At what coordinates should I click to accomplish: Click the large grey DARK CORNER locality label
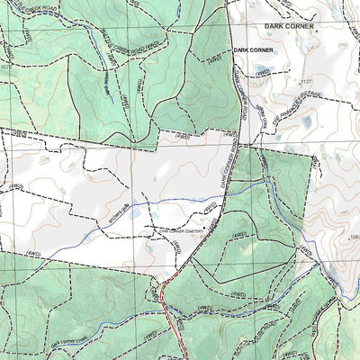pyautogui.click(x=289, y=27)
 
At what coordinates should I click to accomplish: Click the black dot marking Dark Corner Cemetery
pyautogui.click(x=204, y=228)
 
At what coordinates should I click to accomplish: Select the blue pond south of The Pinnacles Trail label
pyautogui.click(x=306, y=121)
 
